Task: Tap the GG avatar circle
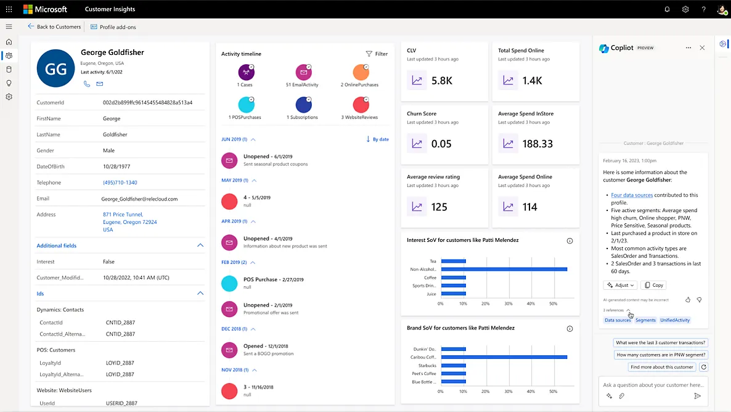56,68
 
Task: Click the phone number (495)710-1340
120,183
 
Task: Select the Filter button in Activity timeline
377,54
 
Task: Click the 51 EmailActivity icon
303,72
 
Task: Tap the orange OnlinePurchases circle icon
361,72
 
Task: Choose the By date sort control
377,139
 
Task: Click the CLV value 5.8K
442,80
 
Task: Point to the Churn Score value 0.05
441,144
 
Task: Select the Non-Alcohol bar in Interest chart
504,270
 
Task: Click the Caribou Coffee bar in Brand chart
504,357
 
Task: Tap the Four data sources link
632,196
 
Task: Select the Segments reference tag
645,320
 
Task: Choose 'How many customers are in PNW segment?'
661,355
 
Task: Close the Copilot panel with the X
702,48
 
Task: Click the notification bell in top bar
667,9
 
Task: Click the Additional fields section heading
57,245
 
